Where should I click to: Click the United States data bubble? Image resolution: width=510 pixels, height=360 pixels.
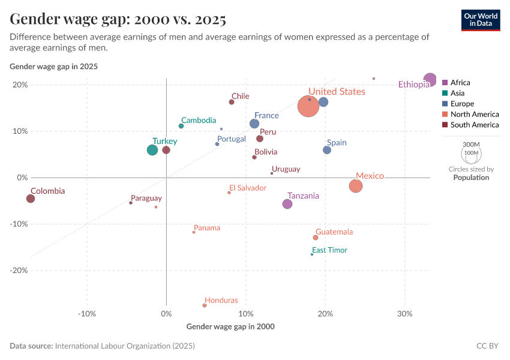click(308, 106)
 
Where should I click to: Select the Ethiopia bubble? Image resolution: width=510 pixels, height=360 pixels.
click(430, 80)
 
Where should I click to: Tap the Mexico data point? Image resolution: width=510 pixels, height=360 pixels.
click(356, 186)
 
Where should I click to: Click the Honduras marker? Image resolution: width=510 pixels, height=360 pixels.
click(205, 305)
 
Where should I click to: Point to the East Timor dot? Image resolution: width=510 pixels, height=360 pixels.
click(312, 254)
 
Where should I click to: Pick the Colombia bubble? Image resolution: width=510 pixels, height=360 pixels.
click(31, 199)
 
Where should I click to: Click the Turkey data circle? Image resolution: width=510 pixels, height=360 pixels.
click(152, 150)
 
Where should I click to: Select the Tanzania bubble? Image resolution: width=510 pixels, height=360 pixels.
click(287, 204)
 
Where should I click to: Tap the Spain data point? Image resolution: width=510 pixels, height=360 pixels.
click(327, 150)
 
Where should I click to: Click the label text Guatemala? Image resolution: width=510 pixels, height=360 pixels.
click(334, 232)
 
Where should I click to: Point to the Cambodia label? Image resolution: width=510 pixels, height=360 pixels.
click(199, 121)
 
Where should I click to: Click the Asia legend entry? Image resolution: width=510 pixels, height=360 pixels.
click(458, 93)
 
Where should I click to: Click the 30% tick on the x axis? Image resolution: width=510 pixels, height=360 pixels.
click(404, 314)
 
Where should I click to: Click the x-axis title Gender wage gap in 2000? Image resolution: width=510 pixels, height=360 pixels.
click(230, 326)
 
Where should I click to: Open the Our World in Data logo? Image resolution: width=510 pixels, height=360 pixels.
click(481, 19)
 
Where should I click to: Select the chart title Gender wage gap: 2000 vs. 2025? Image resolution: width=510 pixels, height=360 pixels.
click(118, 19)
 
